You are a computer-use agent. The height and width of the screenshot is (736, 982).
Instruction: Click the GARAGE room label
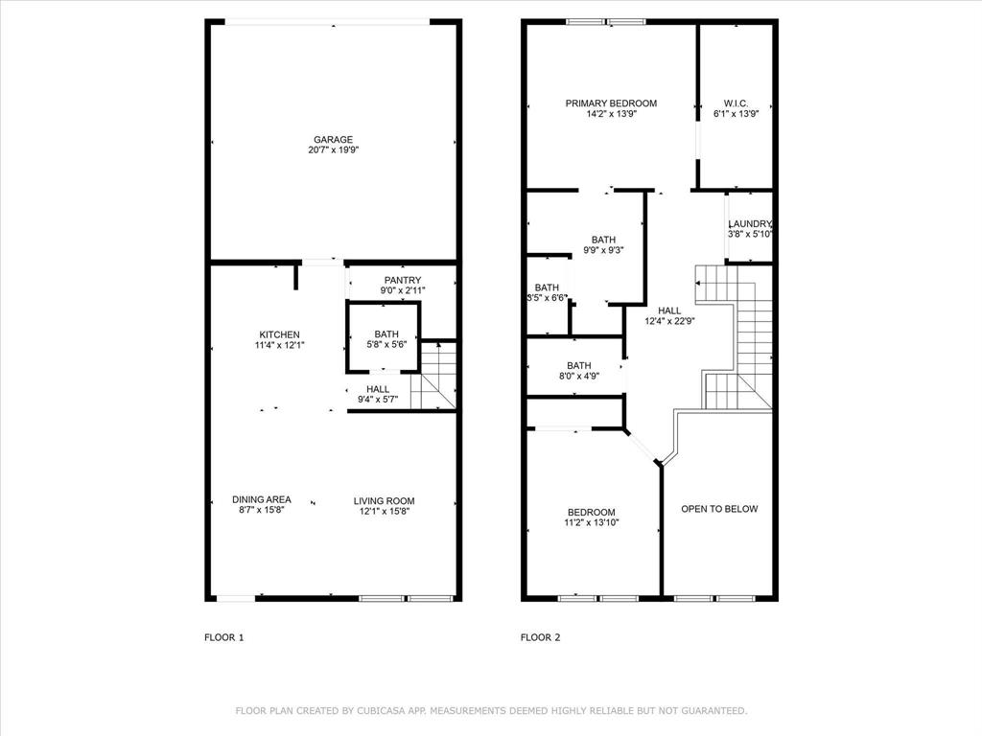click(x=332, y=140)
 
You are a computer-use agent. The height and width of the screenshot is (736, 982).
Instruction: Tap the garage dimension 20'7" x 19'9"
click(x=332, y=150)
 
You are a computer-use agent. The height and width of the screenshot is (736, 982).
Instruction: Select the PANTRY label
click(x=403, y=280)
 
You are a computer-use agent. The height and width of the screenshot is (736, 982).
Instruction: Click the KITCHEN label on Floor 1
click(x=279, y=334)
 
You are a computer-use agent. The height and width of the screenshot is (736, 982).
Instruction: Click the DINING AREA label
click(x=262, y=499)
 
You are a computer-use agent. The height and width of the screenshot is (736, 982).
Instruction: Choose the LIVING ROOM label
click(x=384, y=500)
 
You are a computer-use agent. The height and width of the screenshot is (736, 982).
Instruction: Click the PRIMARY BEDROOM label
click(x=611, y=103)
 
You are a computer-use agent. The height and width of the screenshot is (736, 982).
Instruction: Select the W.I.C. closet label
click(x=736, y=103)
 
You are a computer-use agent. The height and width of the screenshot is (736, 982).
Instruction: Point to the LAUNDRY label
click(x=750, y=224)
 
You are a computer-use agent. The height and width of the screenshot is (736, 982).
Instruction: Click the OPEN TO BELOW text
click(x=719, y=509)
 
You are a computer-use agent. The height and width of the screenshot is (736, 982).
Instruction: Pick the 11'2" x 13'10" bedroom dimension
click(x=591, y=522)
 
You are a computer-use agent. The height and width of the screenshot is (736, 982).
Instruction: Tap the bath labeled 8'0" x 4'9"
click(x=578, y=376)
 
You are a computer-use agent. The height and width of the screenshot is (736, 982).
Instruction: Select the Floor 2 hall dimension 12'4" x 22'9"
click(x=669, y=321)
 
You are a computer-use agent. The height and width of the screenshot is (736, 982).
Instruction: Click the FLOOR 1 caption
click(x=224, y=637)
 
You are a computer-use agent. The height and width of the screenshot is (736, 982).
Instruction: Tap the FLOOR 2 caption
click(x=540, y=637)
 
